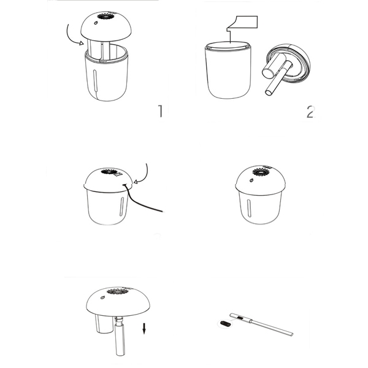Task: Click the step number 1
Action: tap(160, 111)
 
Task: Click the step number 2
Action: tap(310, 112)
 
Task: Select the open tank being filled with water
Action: tap(228, 70)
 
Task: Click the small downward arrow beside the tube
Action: tap(144, 328)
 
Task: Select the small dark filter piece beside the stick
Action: tap(225, 324)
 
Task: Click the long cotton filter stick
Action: tap(261, 324)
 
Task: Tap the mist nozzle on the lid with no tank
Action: tap(118, 291)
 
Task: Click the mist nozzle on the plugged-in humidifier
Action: tap(109, 171)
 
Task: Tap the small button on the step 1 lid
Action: tap(96, 23)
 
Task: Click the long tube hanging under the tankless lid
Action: tap(120, 335)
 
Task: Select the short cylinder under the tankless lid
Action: tap(104, 324)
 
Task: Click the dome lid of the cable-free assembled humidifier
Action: tap(261, 180)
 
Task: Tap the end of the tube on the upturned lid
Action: tap(269, 92)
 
